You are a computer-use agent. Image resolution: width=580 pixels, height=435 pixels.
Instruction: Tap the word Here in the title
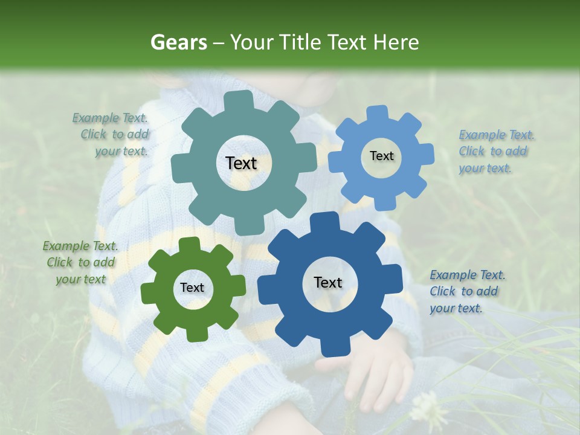tap(396, 42)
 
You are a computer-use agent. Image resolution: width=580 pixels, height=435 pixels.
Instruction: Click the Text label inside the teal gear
tap(242, 163)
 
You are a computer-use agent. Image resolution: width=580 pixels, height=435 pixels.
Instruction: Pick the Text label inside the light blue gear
tap(381, 156)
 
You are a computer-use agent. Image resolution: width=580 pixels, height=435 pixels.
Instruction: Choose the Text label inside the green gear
tap(192, 288)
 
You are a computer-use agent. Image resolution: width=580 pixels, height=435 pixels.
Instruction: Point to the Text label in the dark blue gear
tap(328, 282)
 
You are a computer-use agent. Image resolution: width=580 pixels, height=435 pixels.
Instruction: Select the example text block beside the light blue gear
tap(495, 151)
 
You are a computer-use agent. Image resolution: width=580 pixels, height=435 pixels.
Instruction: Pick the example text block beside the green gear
tap(80, 262)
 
